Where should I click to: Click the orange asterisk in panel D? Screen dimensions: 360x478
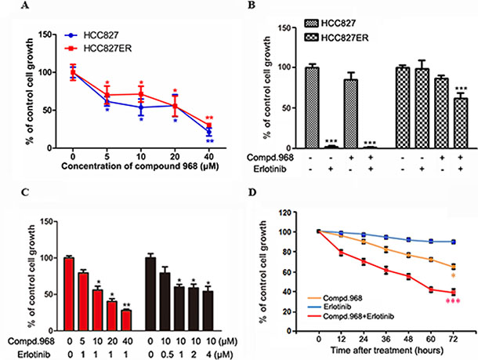(x=454, y=276)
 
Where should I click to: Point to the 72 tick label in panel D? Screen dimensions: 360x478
(x=453, y=329)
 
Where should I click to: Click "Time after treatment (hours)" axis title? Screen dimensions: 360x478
(x=384, y=340)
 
